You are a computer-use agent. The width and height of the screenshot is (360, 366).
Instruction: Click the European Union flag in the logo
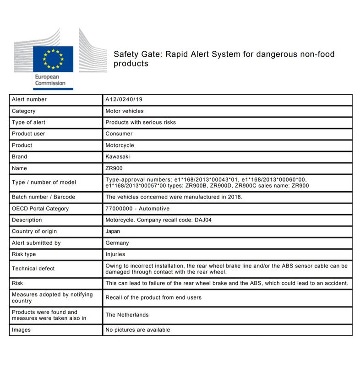tap(53, 59)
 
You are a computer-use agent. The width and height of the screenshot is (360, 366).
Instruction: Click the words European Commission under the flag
tap(50, 80)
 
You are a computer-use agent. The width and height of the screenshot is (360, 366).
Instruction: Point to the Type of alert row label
tap(28, 122)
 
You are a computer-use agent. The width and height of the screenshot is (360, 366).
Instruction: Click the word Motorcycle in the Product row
tap(120, 145)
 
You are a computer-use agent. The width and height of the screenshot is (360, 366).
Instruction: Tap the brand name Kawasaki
tap(118, 156)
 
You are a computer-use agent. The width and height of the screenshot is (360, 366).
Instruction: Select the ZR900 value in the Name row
tap(114, 168)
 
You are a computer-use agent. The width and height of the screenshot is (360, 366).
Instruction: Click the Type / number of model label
tap(44, 183)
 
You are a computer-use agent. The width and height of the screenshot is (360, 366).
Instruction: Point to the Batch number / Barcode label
tap(43, 197)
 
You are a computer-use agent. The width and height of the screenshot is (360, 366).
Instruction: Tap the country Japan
tap(113, 231)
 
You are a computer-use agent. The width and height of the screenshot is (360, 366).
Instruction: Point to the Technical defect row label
tap(33, 269)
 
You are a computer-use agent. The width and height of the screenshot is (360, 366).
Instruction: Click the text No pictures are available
tap(137, 329)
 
